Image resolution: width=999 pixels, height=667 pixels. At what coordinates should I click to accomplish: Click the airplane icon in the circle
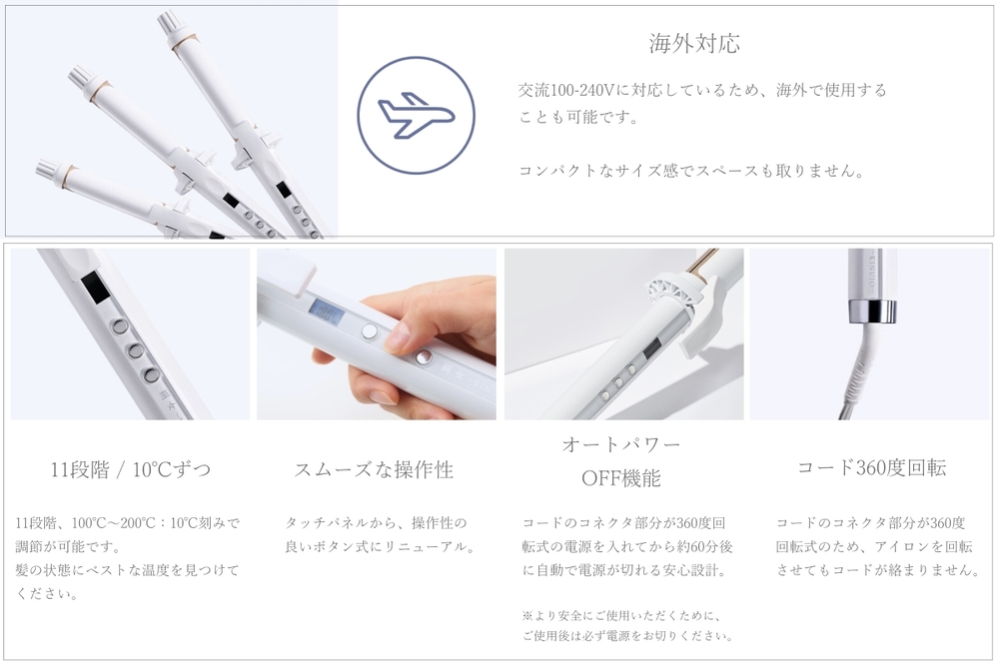tap(416, 115)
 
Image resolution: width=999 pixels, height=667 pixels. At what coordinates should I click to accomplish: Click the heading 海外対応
tap(694, 43)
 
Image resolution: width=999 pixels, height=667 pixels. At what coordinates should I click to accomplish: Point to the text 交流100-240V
tap(566, 91)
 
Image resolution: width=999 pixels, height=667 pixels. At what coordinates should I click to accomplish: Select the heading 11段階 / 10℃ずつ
tap(131, 469)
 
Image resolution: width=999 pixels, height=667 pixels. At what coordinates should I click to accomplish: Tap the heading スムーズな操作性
tap(374, 469)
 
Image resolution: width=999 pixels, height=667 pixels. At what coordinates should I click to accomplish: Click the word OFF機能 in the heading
tap(621, 478)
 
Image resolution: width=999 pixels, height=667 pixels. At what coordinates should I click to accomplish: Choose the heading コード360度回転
tap(871, 467)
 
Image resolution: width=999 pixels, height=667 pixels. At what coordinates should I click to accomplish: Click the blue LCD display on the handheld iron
tap(327, 311)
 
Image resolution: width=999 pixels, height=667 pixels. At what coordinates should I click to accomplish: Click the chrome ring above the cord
tap(872, 310)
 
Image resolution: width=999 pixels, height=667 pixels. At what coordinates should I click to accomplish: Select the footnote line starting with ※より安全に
tap(621, 616)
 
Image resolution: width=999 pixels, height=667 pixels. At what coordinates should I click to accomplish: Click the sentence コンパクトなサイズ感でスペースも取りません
tap(691, 171)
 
